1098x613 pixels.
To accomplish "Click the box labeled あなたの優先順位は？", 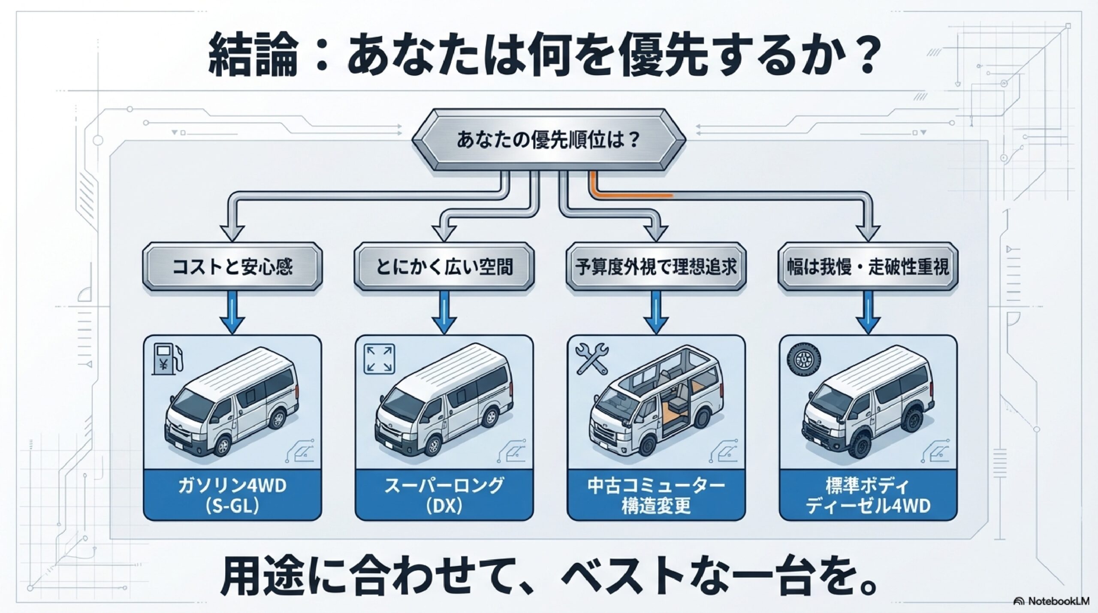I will point(549,141).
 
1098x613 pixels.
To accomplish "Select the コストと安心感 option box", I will point(232,267).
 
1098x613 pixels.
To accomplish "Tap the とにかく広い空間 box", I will point(444,267).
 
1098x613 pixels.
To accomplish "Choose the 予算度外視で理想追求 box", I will point(656,267).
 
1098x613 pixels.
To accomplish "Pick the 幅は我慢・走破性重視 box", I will point(868,267).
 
